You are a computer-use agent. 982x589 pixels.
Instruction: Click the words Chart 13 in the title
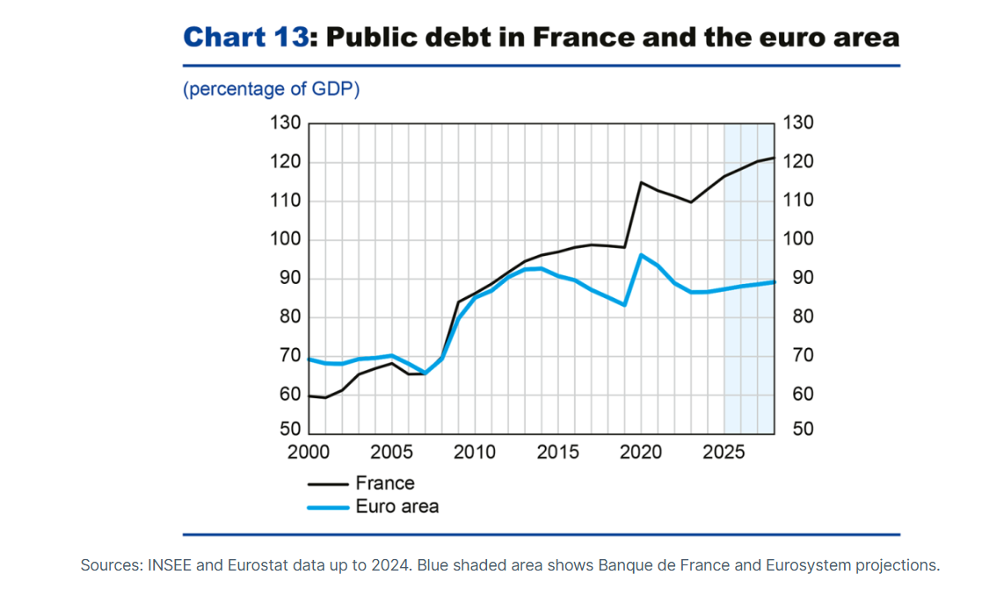point(246,37)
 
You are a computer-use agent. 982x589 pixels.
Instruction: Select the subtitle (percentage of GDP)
point(271,90)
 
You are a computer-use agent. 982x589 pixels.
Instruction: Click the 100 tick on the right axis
point(798,240)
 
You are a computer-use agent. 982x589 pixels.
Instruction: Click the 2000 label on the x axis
point(309,452)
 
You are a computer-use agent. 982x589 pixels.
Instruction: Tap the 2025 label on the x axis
point(724,452)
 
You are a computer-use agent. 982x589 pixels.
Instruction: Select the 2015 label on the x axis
point(558,452)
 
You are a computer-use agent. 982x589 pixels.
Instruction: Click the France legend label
point(385,484)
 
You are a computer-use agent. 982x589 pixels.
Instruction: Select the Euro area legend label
point(396,506)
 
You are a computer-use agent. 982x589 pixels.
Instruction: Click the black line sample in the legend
point(327,484)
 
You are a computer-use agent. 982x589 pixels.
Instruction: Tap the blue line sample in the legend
point(327,507)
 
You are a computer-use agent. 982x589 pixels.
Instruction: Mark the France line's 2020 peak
point(641,183)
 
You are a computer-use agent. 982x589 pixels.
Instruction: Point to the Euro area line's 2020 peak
point(641,255)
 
